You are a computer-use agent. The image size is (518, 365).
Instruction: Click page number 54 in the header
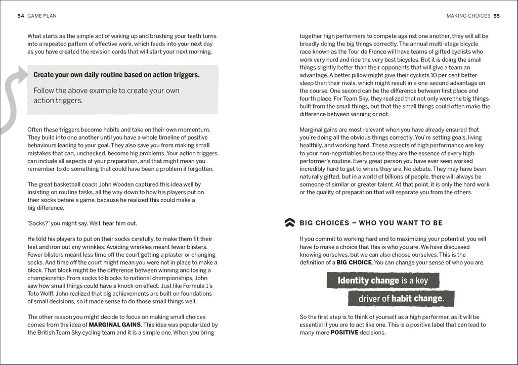(21, 16)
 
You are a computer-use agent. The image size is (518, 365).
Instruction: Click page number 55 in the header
(497, 16)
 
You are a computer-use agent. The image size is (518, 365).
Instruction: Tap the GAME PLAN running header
(42, 16)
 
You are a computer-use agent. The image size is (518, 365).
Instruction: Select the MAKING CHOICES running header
(468, 16)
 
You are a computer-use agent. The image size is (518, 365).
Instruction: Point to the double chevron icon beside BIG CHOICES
(290, 222)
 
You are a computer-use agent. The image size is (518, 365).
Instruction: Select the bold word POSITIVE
(344, 333)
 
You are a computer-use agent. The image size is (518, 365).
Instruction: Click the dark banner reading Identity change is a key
(382, 281)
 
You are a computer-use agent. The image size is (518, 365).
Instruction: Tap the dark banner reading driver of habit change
(401, 298)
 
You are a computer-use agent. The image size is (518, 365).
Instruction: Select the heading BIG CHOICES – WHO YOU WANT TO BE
(371, 223)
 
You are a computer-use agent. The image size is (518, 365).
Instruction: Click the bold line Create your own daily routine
(116, 75)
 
